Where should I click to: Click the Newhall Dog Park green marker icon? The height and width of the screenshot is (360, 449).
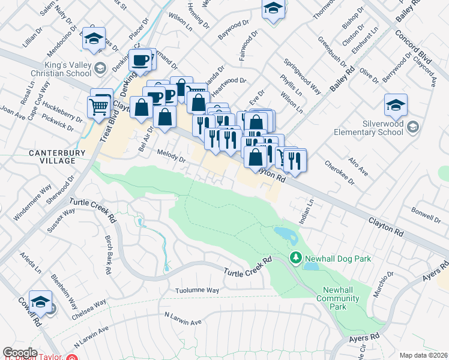295,258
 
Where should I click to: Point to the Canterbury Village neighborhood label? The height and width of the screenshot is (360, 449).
53,157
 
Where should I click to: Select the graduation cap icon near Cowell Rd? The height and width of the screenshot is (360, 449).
41,302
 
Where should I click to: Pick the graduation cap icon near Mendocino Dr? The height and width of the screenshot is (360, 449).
94,39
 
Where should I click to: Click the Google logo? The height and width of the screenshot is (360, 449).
20,353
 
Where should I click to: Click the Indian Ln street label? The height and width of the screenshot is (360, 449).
310,209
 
